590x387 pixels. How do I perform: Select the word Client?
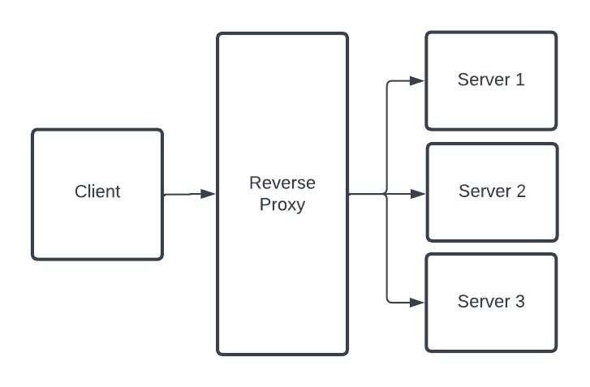(97, 192)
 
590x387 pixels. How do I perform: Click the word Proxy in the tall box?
(282, 204)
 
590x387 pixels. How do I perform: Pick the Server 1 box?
(491, 105)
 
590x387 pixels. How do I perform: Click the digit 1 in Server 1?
(519, 80)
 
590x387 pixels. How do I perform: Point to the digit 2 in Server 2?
(520, 191)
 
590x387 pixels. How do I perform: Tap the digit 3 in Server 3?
(519, 302)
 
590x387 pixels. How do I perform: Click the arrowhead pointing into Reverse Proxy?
(208, 194)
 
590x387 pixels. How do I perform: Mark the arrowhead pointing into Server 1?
(417, 80)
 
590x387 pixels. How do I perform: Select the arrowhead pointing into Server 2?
(418, 194)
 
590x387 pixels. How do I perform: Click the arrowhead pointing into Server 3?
(417, 303)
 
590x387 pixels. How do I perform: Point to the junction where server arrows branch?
(386, 194)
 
